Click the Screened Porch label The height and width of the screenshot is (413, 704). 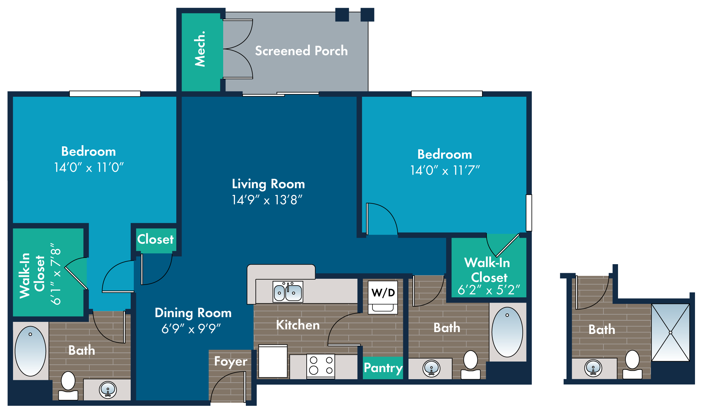pyautogui.click(x=301, y=51)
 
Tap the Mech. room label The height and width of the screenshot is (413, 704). pyautogui.click(x=200, y=49)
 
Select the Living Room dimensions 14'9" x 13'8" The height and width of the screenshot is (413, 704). pyautogui.click(x=267, y=200)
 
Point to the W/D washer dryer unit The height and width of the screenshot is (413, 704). pyautogui.click(x=383, y=297)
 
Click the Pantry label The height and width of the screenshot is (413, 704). pyautogui.click(x=383, y=368)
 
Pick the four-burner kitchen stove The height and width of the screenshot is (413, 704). pyautogui.click(x=321, y=366)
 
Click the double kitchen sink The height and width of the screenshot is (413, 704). pyautogui.click(x=288, y=291)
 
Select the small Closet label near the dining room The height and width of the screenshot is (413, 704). pyautogui.click(x=156, y=239)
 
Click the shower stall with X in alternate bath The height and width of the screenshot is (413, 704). pyautogui.click(x=670, y=332)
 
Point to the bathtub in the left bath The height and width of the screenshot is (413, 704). pyautogui.click(x=30, y=351)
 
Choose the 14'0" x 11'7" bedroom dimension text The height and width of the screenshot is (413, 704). pyautogui.click(x=445, y=170)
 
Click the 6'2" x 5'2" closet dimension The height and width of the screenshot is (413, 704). pyautogui.click(x=489, y=290)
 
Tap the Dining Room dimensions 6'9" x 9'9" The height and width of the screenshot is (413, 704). pyautogui.click(x=191, y=329)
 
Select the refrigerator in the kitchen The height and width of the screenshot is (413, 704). pyautogui.click(x=273, y=361)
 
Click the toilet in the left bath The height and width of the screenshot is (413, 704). pyautogui.click(x=68, y=385)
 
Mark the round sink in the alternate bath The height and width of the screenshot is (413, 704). pyautogui.click(x=593, y=368)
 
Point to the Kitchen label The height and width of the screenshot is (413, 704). pyautogui.click(x=298, y=325)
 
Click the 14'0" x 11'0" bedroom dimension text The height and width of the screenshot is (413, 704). pyautogui.click(x=89, y=167)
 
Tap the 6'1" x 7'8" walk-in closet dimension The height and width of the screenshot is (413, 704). pyautogui.click(x=56, y=274)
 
